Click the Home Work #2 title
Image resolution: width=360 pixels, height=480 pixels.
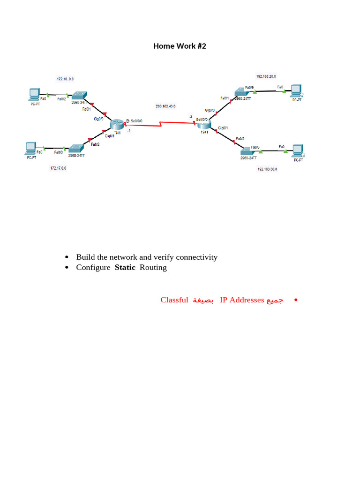tap(180, 46)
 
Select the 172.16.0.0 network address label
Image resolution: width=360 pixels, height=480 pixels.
tap(65, 79)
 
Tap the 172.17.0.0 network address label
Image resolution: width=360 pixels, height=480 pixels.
tap(58, 167)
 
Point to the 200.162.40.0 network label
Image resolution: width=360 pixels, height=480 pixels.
tap(165, 106)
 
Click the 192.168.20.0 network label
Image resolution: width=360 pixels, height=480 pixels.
tap(266, 76)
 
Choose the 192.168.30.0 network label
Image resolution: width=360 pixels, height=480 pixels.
tap(267, 169)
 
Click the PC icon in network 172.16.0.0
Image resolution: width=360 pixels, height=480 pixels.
tap(33, 94)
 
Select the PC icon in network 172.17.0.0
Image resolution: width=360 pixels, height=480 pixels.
tap(31, 148)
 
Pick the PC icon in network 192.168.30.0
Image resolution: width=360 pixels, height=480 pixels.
tap(298, 150)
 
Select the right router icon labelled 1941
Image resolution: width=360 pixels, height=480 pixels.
tap(203, 123)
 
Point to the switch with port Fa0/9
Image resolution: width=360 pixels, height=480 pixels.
tap(243, 92)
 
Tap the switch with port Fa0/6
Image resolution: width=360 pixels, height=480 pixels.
tap(248, 151)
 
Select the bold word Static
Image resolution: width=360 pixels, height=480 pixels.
tap(125, 268)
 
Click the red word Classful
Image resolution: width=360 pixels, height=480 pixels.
tap(174, 300)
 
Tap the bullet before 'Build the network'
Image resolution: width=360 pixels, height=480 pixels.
tap(67, 257)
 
